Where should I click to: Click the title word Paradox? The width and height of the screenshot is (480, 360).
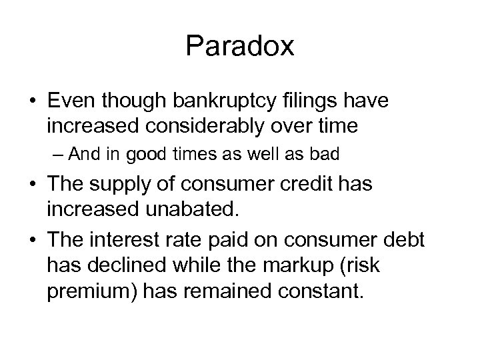[x=239, y=46]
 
